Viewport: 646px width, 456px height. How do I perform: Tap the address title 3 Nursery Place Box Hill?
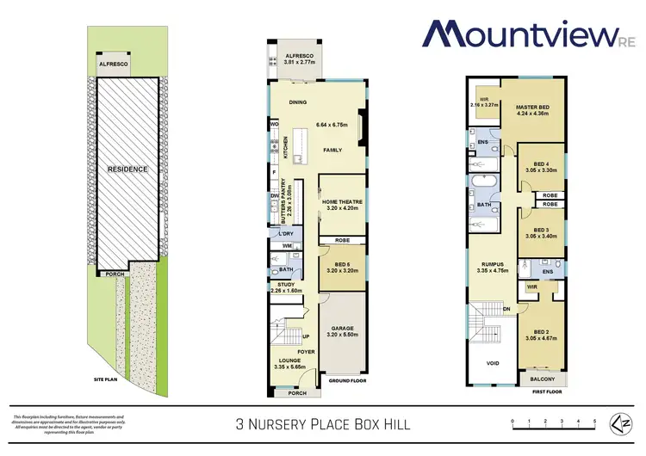point(322,423)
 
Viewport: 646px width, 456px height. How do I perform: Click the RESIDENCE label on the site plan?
point(128,169)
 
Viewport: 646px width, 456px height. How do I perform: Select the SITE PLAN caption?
point(107,378)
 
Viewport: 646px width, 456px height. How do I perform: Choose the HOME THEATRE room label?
point(342,202)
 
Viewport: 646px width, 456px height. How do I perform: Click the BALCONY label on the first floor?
point(543,377)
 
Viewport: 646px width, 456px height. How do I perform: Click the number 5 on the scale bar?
point(593,421)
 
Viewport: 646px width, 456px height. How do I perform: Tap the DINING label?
point(298,102)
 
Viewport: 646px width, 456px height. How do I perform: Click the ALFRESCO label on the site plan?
point(113,65)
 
